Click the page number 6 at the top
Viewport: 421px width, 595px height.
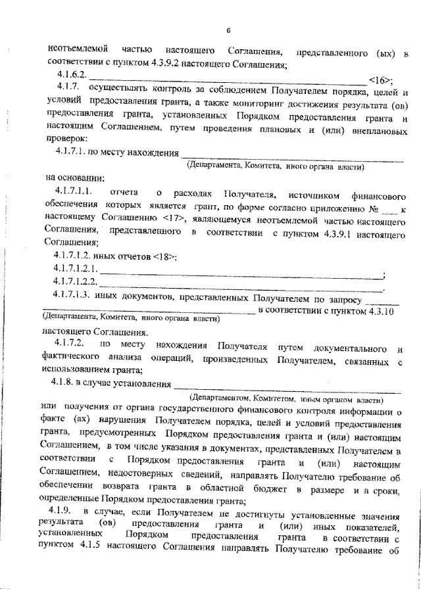(x=228, y=30)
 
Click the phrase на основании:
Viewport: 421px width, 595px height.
(x=74, y=178)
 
